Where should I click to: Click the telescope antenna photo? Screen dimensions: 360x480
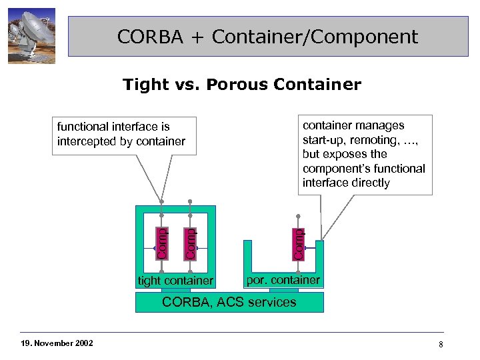pyautogui.click(x=31, y=36)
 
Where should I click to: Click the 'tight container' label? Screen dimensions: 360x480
pyautogui.click(x=175, y=281)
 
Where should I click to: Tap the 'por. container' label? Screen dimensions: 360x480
pyautogui.click(x=283, y=280)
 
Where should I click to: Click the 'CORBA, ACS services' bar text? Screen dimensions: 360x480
pyautogui.click(x=229, y=302)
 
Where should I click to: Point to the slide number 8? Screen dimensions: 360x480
pyautogui.click(x=441, y=343)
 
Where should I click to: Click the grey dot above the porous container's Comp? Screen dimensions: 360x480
pyautogui.click(x=298, y=215)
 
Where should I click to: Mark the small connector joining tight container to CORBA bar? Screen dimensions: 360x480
pyautogui.click(x=175, y=290)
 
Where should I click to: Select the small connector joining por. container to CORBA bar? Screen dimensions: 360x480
pyautogui.click(x=283, y=290)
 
